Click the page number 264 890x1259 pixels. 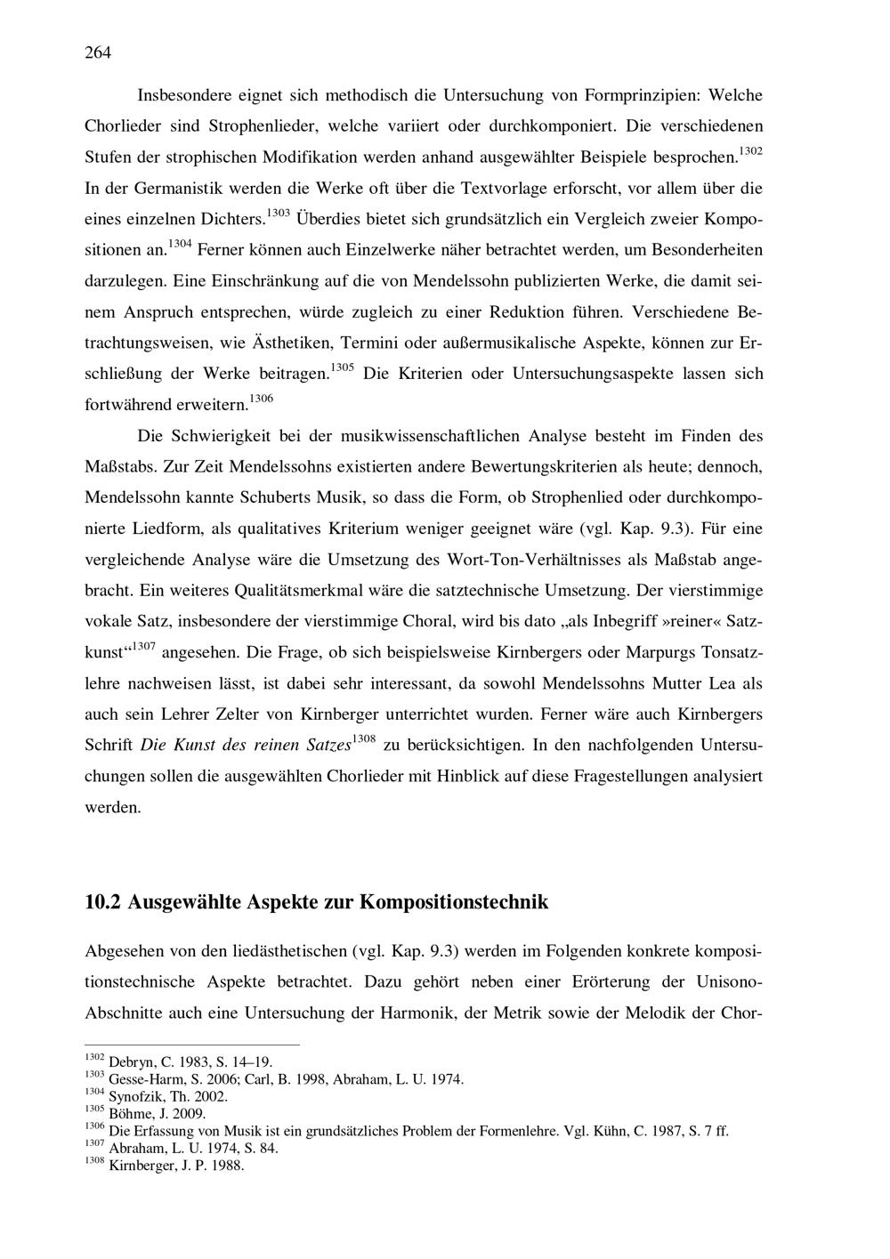98,52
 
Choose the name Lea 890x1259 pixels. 710,683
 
